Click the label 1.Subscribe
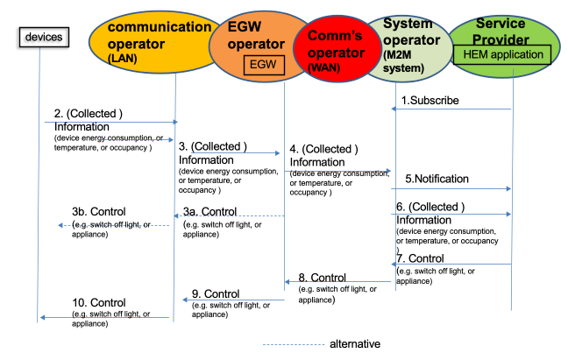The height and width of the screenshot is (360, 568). click(430, 101)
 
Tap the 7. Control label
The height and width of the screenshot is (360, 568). click(426, 258)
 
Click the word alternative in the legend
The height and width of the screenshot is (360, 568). click(356, 344)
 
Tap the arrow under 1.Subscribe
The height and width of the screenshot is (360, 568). click(452, 109)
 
